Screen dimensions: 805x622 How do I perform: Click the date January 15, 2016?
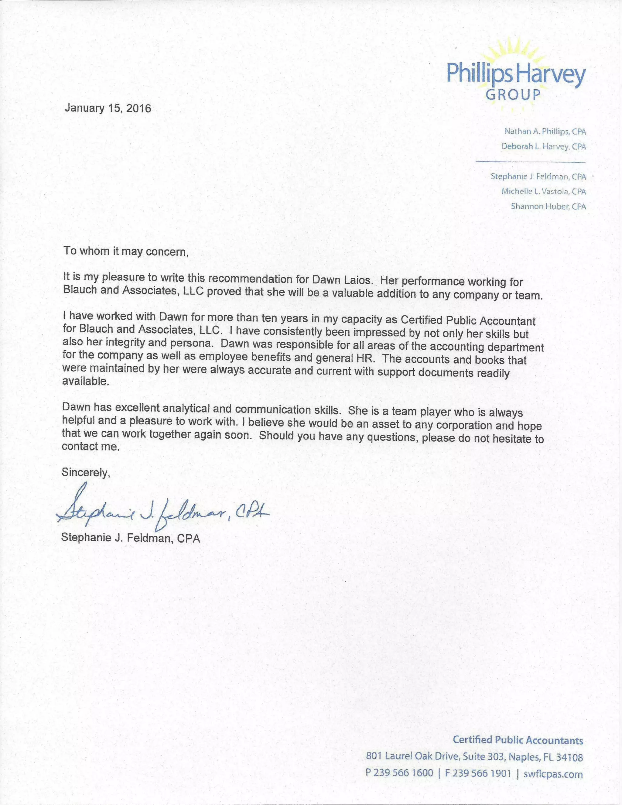pos(108,108)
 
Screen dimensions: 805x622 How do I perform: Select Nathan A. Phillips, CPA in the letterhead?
pos(545,131)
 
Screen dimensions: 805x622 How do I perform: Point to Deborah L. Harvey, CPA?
pos(543,146)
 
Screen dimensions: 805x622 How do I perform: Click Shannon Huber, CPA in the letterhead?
pos(548,206)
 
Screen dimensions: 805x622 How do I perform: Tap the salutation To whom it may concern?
pos(126,252)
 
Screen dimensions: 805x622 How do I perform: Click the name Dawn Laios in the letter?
pos(341,280)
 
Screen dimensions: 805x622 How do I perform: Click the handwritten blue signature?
pos(162,511)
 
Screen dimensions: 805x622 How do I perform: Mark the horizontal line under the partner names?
pos(530,162)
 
